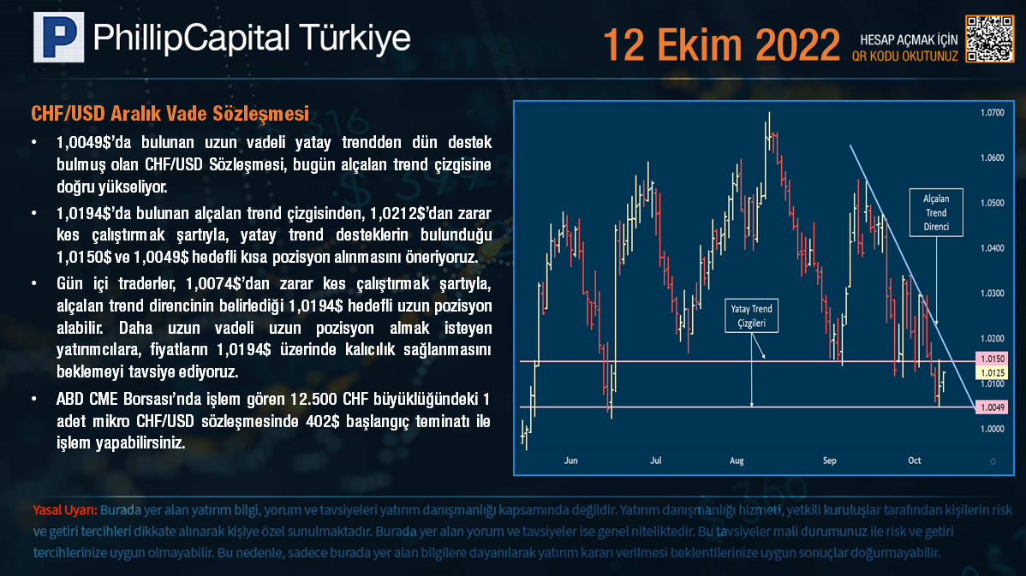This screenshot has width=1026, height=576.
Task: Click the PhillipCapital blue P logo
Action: click(x=59, y=38)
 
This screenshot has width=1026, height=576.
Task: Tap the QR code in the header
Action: click(x=990, y=39)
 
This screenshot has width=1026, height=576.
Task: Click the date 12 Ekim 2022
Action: click(x=721, y=45)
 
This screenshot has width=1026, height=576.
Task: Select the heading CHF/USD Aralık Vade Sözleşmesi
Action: click(x=170, y=114)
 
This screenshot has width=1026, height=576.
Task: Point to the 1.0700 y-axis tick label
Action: click(x=992, y=112)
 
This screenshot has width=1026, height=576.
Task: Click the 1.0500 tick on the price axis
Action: click(x=992, y=203)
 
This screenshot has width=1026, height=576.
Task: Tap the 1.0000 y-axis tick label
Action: click(x=992, y=429)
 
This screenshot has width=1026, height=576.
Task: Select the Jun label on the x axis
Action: click(x=570, y=460)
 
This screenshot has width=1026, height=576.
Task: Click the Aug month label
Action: click(x=737, y=460)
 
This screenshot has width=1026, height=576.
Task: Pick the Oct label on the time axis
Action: click(x=914, y=460)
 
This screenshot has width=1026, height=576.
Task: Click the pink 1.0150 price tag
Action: click(x=992, y=359)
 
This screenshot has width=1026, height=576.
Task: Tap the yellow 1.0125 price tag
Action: click(x=992, y=372)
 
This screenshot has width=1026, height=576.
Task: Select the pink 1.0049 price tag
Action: click(x=992, y=407)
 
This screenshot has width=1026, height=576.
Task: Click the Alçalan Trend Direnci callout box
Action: click(x=936, y=212)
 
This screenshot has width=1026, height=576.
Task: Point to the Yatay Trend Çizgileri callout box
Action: click(x=751, y=316)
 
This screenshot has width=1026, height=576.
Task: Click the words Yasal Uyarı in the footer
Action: click(x=65, y=510)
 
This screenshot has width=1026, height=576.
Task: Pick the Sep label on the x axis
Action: click(x=829, y=460)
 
